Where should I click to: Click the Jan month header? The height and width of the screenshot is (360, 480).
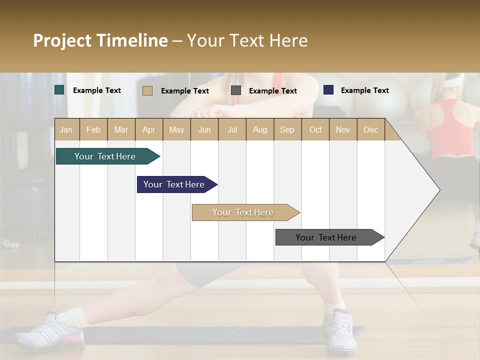[66, 129]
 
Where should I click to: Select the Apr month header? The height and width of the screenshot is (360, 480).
[149, 129]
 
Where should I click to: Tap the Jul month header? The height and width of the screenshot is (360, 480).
[232, 129]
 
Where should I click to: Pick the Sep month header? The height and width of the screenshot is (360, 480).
[287, 129]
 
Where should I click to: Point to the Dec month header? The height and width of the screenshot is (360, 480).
[370, 129]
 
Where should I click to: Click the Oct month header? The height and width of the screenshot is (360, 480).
[315, 129]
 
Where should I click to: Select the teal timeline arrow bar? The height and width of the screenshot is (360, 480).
[105, 156]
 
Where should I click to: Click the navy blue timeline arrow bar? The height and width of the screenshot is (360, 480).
[174, 184]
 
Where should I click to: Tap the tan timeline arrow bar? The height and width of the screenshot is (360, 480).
[243, 212]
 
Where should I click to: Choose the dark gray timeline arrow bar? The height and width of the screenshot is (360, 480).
[326, 237]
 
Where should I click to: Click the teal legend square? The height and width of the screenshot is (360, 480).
[59, 90]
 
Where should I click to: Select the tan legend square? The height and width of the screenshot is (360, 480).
[147, 90]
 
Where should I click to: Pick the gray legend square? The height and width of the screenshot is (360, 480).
[236, 90]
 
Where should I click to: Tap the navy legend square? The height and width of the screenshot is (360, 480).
[328, 90]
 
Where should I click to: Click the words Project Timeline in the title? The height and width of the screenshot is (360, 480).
[100, 40]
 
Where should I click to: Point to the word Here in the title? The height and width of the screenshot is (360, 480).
[288, 40]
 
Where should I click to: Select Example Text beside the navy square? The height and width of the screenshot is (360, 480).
[364, 90]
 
